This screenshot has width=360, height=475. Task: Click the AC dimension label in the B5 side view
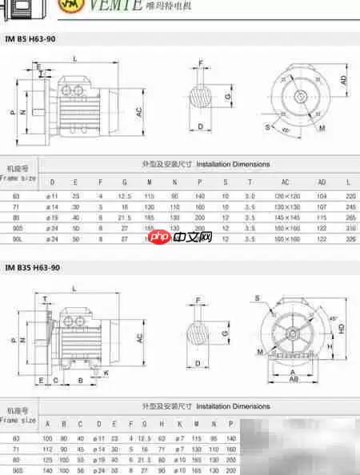pyautogui.click(x=138, y=113)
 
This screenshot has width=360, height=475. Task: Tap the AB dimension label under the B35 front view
pyautogui.click(x=294, y=380)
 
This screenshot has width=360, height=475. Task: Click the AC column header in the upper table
pyautogui.click(x=285, y=182)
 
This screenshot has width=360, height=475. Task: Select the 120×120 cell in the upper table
pyautogui.click(x=285, y=195)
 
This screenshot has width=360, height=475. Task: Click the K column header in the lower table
pyautogui.click(x=181, y=424)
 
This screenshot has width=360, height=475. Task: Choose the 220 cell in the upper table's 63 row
pyautogui.click(x=350, y=195)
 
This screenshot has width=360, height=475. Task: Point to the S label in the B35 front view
pyautogui.click(x=258, y=298)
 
